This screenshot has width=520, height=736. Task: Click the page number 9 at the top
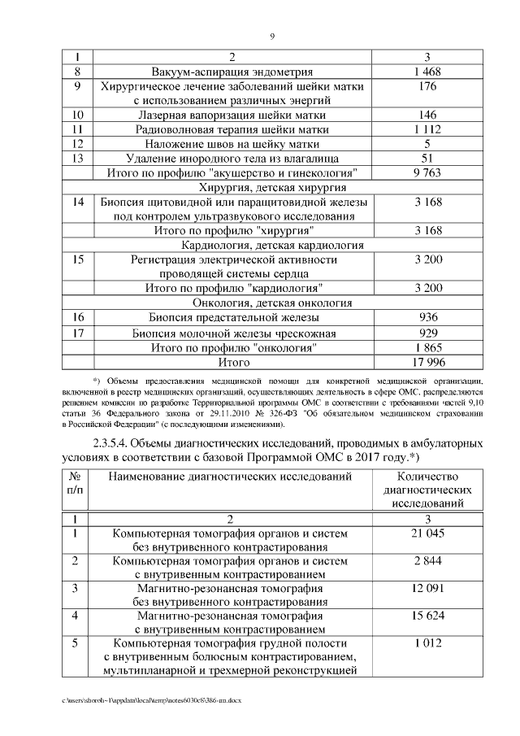(x=272, y=36)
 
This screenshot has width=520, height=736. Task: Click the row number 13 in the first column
(x=79, y=158)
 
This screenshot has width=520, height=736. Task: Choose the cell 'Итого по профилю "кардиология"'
(x=232, y=288)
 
